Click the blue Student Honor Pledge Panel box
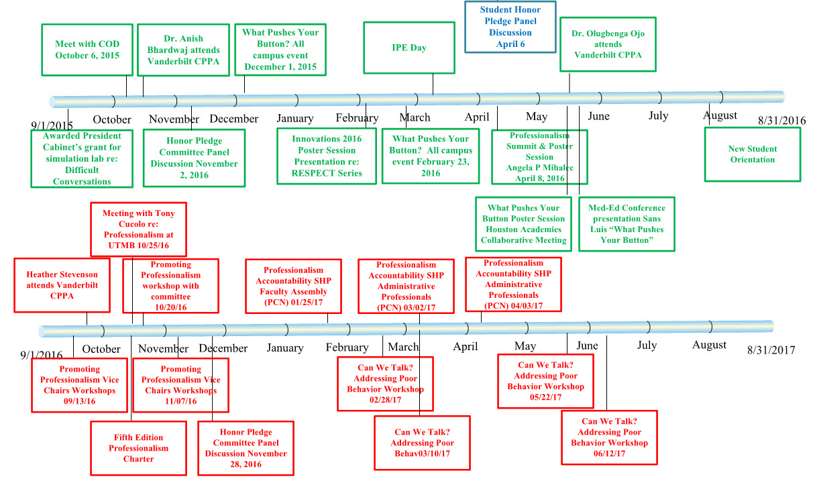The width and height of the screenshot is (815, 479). [510, 28]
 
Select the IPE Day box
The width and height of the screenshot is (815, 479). [409, 48]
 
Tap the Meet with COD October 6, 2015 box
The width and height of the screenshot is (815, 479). [87, 50]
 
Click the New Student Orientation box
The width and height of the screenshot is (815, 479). [752, 154]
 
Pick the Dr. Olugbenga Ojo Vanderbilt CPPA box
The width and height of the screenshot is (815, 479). [608, 44]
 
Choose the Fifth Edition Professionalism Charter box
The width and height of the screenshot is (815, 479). [139, 447]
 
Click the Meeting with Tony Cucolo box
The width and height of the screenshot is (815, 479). [138, 229]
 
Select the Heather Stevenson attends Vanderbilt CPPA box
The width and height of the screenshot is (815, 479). [62, 285]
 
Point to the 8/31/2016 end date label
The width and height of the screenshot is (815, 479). [781, 121]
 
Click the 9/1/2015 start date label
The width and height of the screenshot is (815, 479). [52, 125]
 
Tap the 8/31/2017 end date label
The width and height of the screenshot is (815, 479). [771, 350]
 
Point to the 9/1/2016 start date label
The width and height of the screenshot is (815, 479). [42, 355]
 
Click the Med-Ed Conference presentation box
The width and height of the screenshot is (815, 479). [627, 223]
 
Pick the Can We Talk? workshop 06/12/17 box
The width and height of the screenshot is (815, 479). [609, 437]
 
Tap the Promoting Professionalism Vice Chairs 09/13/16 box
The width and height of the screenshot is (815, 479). [80, 384]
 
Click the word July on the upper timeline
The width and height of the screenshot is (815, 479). [658, 115]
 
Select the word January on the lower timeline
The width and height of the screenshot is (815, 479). [284, 348]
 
